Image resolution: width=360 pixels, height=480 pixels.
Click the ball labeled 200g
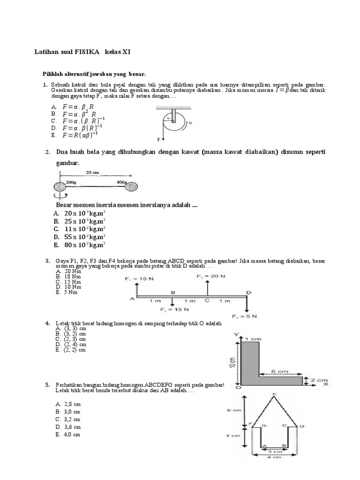[x=62, y=186]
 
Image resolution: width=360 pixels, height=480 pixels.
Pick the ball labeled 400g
[x=131, y=186]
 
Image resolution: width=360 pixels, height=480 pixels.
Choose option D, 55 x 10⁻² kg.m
[x=80, y=237]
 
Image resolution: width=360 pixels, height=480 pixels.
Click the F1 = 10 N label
[x=139, y=279]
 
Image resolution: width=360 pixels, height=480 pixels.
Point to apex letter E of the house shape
[x=274, y=394]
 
